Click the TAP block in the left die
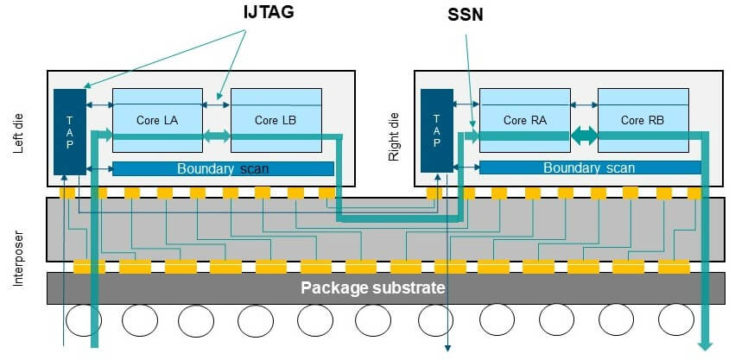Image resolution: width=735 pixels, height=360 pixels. [70, 130]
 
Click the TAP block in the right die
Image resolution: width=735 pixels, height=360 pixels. [436, 129]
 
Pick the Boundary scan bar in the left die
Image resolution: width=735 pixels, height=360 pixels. [223, 168]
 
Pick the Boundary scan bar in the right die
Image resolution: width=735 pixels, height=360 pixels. [590, 168]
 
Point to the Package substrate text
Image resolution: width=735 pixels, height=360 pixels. [372, 287]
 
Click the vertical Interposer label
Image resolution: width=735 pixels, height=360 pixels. [19, 230]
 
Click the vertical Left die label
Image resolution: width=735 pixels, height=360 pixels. [19, 130]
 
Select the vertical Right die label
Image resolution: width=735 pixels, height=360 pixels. [396, 130]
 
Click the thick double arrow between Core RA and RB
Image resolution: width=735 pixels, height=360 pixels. [584, 136]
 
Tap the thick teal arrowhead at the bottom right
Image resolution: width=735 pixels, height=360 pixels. [706, 344]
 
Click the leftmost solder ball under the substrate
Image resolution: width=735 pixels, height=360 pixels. [83, 320]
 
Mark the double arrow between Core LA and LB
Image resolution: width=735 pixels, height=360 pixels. [216, 136]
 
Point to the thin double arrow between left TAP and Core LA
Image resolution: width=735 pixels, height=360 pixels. [99, 105]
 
